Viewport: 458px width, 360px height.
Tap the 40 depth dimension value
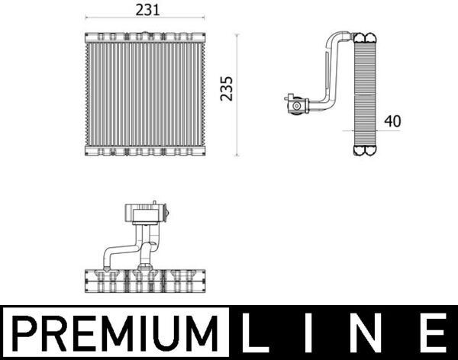pos(392,121)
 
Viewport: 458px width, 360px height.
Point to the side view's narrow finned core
pos(366,92)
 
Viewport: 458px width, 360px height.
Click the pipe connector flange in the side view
pos(292,103)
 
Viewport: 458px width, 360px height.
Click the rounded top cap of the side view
pos(366,36)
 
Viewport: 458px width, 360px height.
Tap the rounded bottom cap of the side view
pos(366,149)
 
